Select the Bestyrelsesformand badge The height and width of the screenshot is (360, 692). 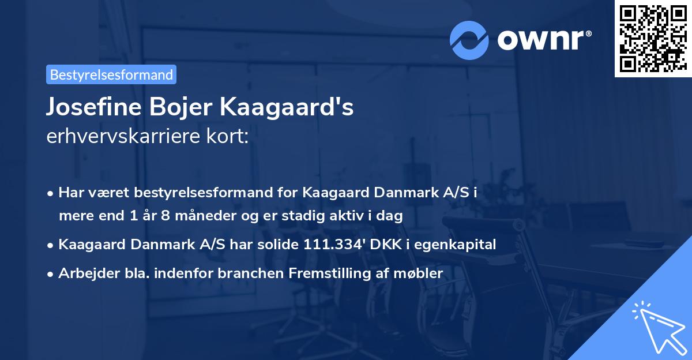tap(111, 74)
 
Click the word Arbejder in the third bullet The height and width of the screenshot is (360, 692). tap(82, 273)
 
